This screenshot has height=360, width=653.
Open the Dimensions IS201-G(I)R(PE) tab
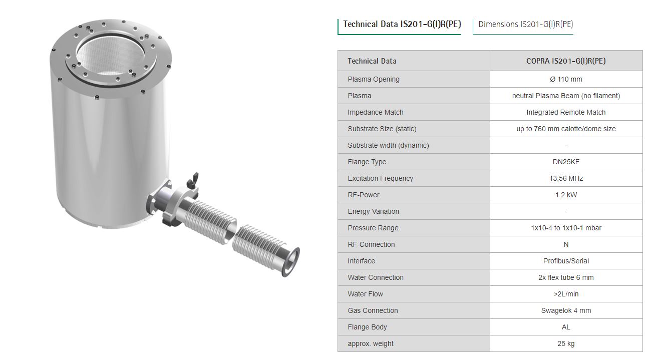525,24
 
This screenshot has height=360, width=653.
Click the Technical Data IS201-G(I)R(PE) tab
402,24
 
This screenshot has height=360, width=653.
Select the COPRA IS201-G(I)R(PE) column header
566,61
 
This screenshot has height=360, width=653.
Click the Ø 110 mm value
566,79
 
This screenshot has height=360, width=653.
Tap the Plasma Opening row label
374,79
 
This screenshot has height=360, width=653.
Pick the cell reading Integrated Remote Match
566,112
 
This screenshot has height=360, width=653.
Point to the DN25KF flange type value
566,162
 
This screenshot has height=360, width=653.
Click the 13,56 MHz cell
566,178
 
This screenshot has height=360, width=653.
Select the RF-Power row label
364,195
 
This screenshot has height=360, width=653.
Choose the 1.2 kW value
566,195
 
